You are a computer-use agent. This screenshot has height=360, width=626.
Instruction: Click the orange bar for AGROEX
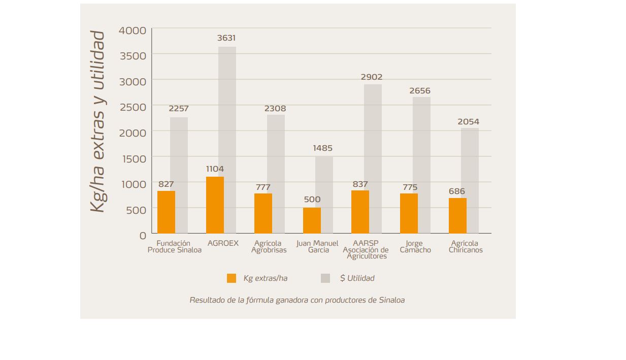[x=215, y=205]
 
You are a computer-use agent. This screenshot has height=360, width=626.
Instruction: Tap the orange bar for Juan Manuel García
[x=312, y=220]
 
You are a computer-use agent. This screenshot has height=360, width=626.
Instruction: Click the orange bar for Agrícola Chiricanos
[x=457, y=215]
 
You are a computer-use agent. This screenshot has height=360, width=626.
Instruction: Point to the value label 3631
[x=226, y=38]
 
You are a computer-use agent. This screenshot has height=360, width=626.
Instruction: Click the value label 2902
[x=372, y=77]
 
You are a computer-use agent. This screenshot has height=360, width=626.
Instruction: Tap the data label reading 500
[x=312, y=200]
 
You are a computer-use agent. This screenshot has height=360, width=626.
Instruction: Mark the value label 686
[x=457, y=191]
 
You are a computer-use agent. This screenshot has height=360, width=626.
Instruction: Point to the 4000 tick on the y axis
[x=133, y=31]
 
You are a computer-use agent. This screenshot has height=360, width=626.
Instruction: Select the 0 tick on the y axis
[x=143, y=236]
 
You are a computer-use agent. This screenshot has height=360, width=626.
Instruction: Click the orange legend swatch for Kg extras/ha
[x=232, y=278]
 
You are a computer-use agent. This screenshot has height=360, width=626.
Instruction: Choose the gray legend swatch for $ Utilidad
[x=325, y=278]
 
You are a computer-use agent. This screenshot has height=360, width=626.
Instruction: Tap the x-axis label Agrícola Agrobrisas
[x=269, y=247]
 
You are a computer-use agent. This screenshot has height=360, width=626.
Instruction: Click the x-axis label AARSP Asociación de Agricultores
[x=366, y=250]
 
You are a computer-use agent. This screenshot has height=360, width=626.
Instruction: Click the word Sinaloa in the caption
[x=392, y=300]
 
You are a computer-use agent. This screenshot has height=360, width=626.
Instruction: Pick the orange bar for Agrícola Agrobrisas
[x=263, y=213]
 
